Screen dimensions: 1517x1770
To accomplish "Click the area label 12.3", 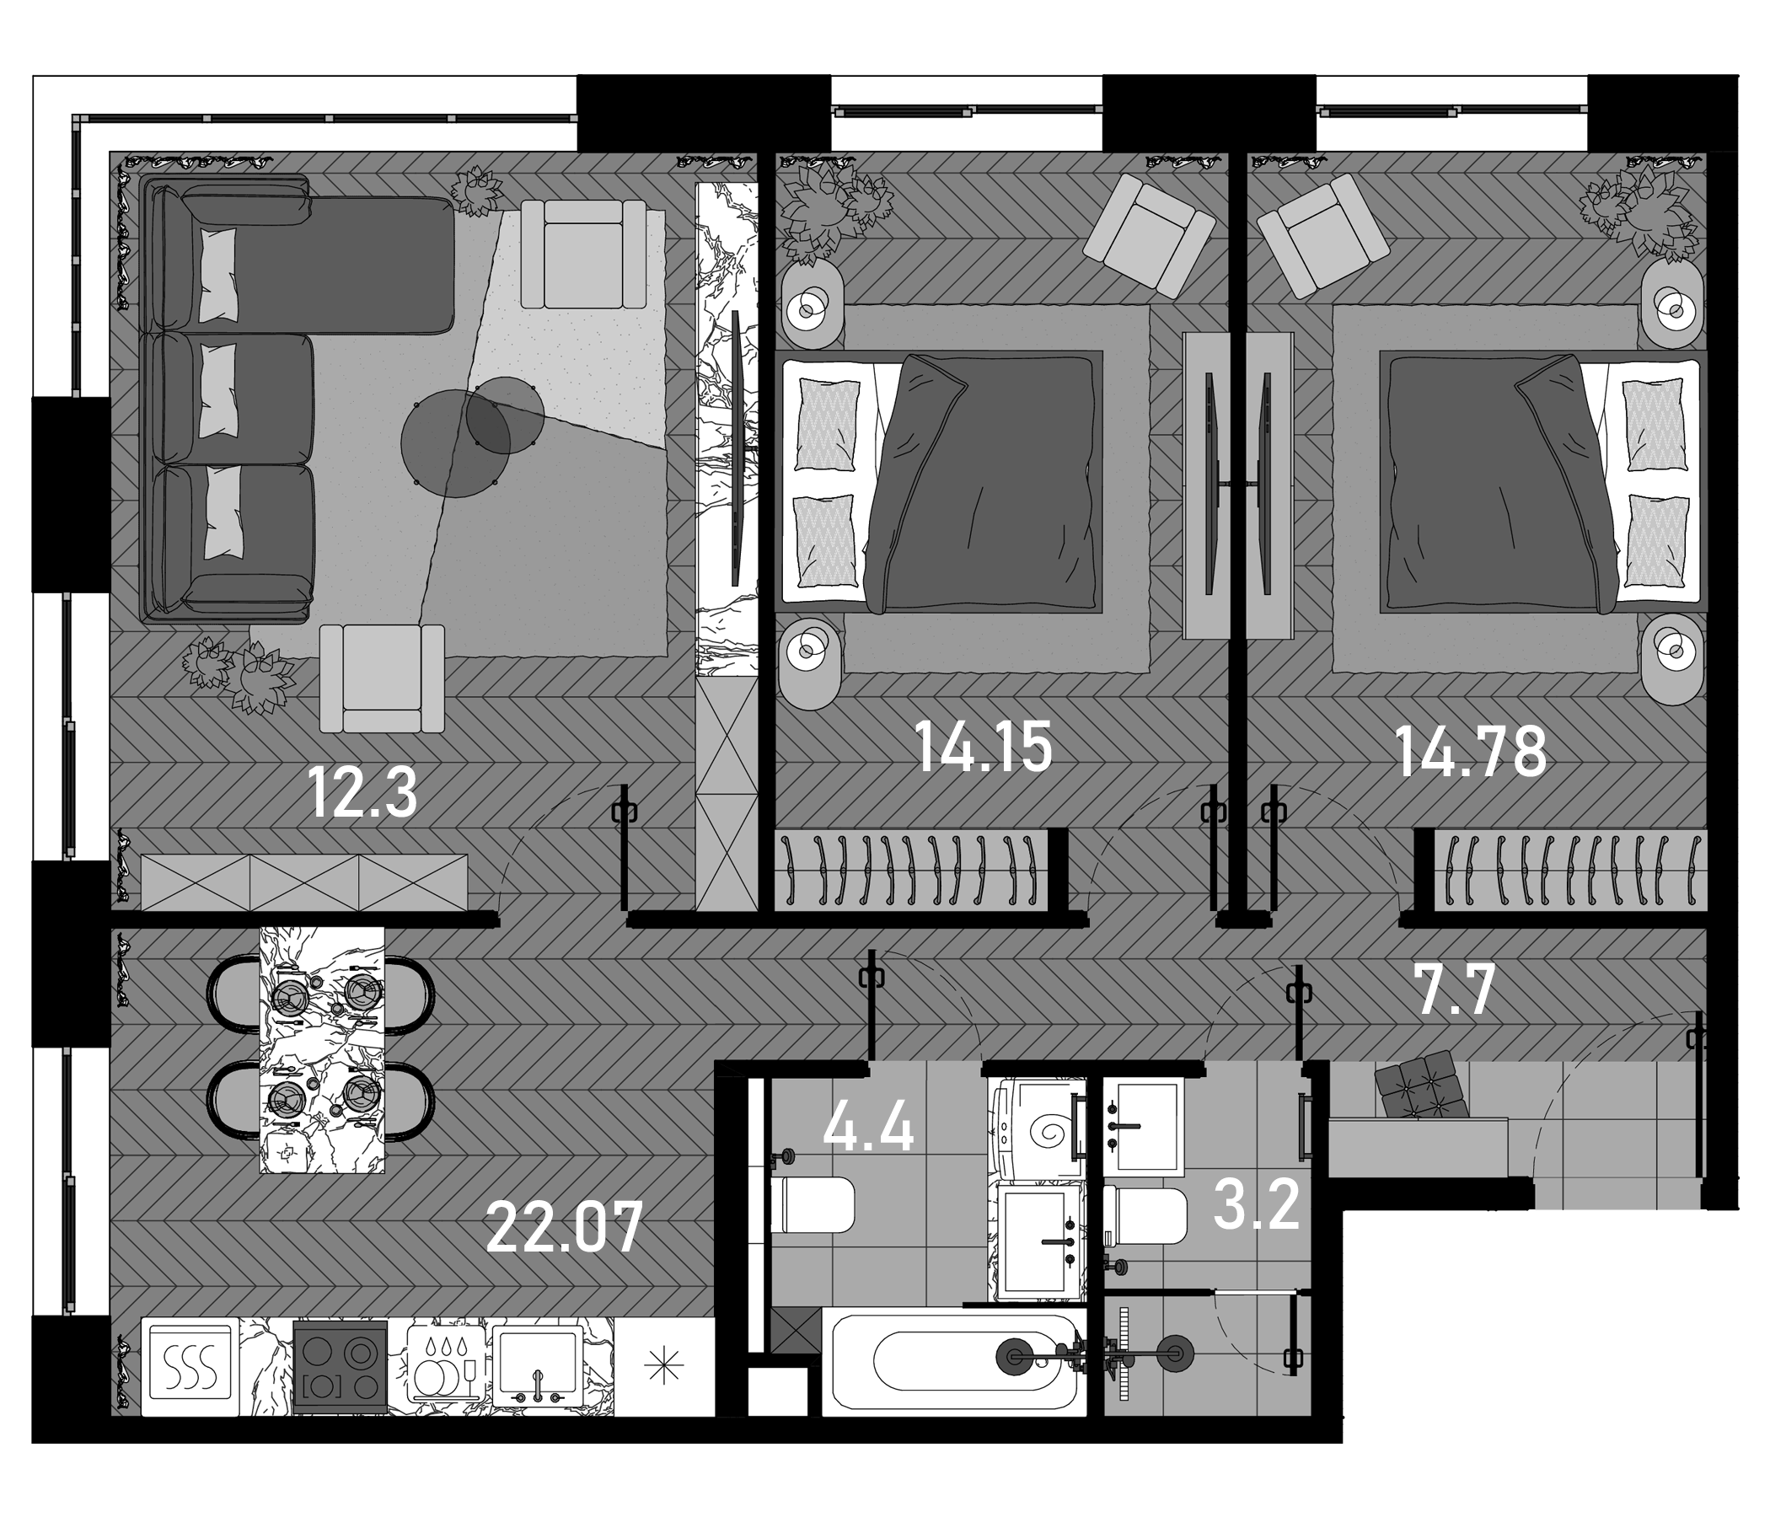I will tap(362, 793).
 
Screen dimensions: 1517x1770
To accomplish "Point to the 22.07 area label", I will tap(564, 1228).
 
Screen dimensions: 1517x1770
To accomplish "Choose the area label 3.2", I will tap(1256, 1204).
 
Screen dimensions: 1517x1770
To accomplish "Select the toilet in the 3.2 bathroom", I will tap(1145, 1216).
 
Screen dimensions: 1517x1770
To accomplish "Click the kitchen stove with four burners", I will tap(340, 1368).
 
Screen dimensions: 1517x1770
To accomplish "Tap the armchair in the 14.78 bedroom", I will tap(1323, 234).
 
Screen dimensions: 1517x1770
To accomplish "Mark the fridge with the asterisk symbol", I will tap(665, 1368).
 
